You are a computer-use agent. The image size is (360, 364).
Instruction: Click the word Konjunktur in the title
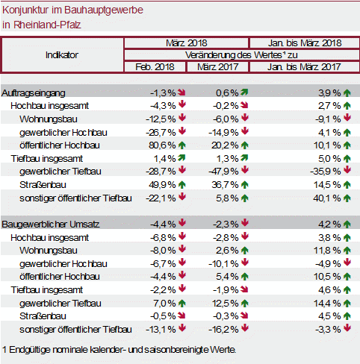point(25,10)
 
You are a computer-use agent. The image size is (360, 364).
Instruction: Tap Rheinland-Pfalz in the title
point(47,25)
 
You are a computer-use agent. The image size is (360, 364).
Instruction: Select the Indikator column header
point(62,55)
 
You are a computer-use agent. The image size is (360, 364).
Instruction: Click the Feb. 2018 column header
point(155,67)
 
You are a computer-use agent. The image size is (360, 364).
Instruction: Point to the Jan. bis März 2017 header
point(304,67)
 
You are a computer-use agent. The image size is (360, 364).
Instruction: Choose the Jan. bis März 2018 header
point(305,43)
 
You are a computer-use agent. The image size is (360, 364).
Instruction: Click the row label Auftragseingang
point(34,93)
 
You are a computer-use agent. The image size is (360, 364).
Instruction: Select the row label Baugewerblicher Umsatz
point(51,225)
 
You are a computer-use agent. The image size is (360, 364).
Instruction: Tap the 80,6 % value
point(162,145)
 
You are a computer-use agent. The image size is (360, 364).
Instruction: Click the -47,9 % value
point(223,172)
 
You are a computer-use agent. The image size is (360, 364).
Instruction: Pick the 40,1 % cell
point(327,198)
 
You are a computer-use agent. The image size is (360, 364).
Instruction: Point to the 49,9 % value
point(162,185)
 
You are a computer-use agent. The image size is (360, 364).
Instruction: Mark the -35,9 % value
point(326,172)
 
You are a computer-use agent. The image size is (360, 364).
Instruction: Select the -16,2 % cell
point(223,330)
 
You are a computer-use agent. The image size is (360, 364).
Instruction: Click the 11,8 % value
point(327,251)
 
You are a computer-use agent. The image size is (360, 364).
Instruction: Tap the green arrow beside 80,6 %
point(182,145)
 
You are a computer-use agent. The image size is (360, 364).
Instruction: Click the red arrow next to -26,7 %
point(182,131)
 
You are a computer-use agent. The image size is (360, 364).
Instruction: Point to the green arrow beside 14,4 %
point(347,304)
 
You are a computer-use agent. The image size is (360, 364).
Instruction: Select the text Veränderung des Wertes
point(234,55)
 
